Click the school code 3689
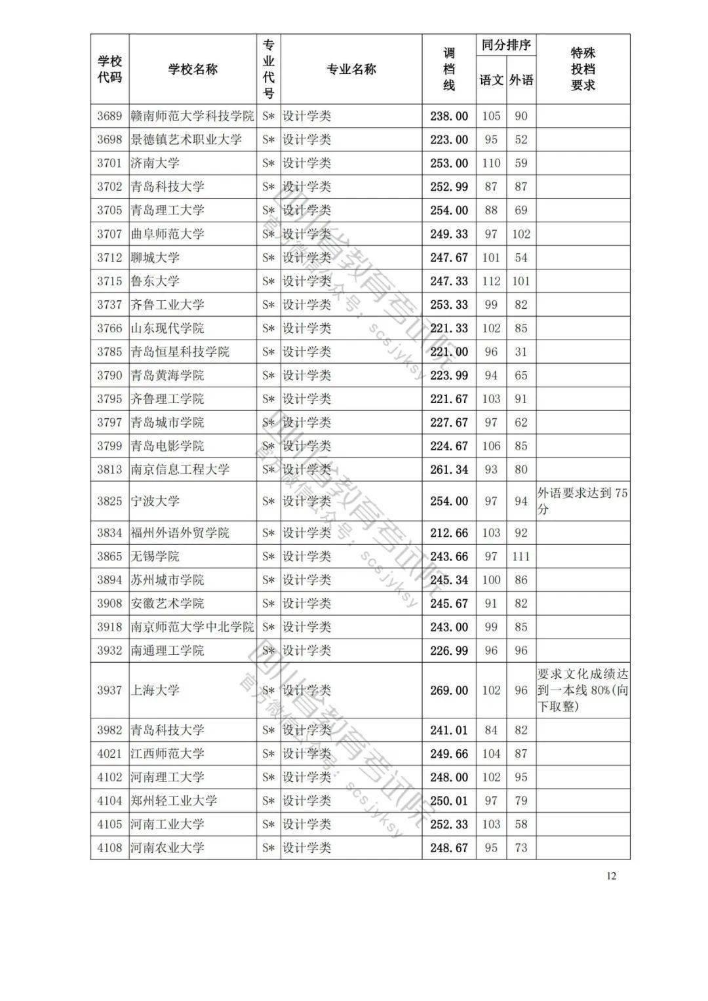point(109,116)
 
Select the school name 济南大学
point(155,163)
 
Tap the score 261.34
point(449,469)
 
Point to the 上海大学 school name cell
point(155,690)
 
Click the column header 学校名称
point(193,69)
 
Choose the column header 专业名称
point(351,69)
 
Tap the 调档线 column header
point(449,69)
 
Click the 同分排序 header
point(505,45)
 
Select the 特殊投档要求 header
point(583,69)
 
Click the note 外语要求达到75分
point(583,501)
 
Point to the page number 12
point(611,876)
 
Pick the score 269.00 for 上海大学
point(449,690)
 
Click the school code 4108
point(109,848)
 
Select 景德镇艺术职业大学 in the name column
point(186,140)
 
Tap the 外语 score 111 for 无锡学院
point(521,557)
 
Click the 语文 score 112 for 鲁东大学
point(491,281)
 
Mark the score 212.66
point(449,533)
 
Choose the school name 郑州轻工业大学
point(174,800)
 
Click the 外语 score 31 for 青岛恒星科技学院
point(521,352)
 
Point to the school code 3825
point(109,501)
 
